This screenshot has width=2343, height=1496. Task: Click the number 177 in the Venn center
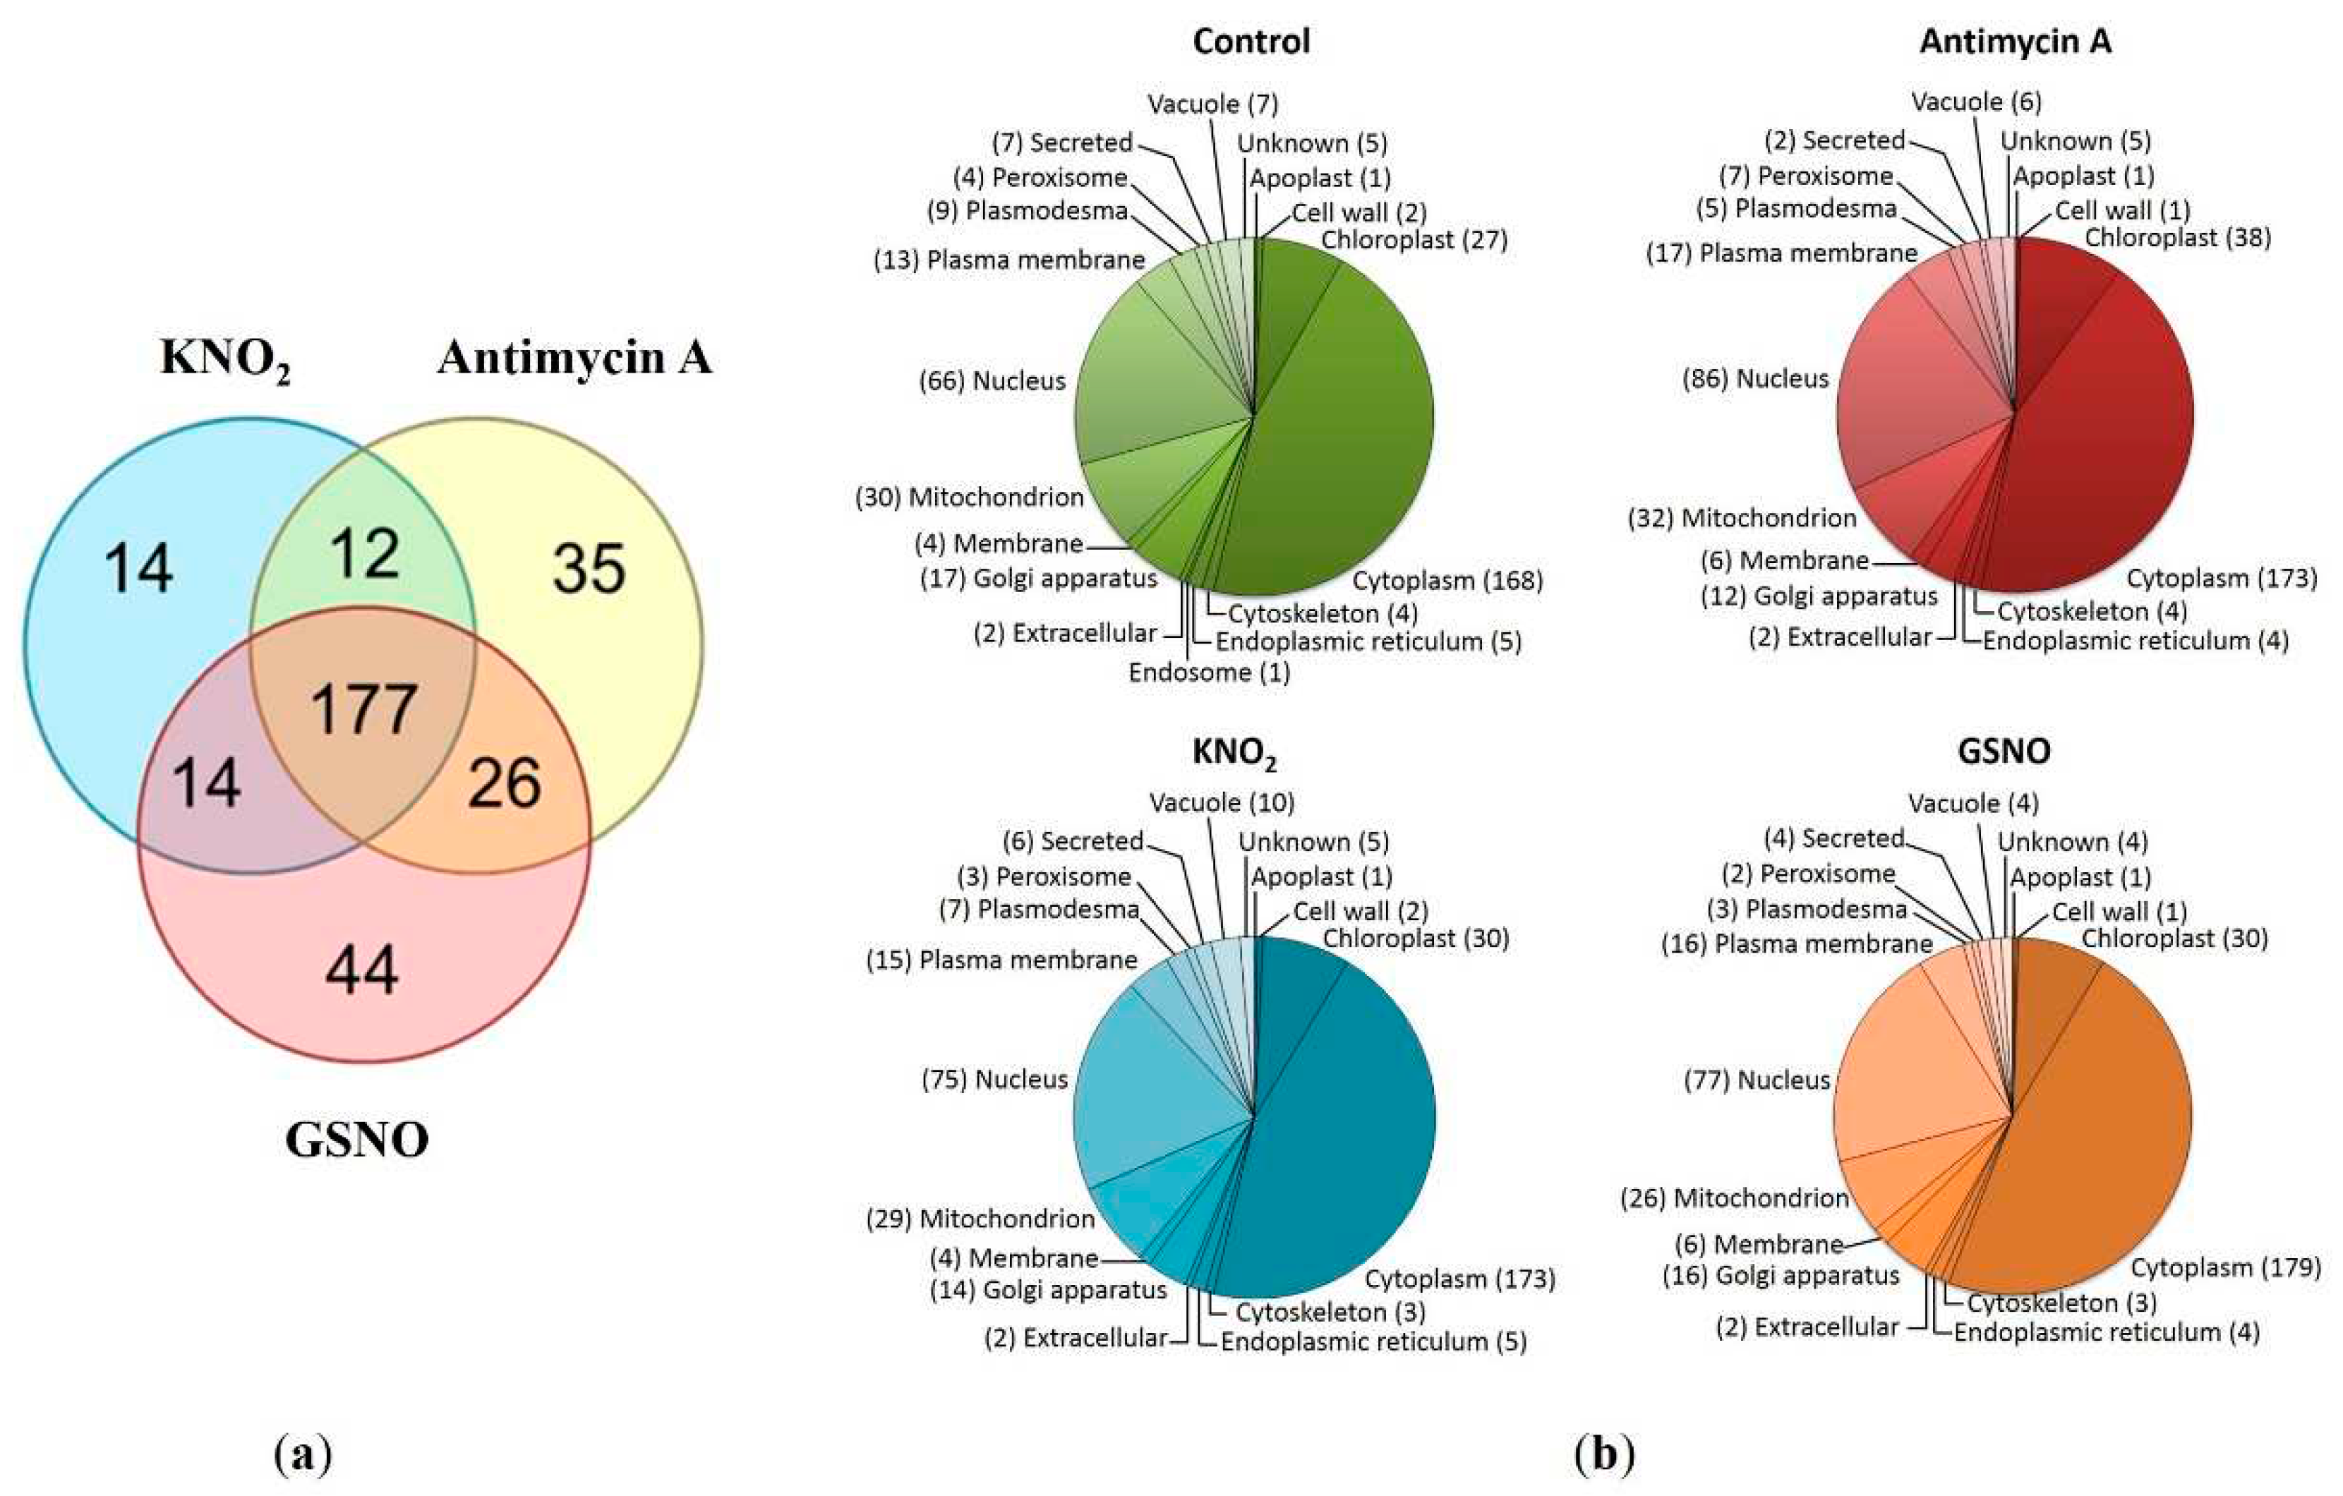click(x=364, y=709)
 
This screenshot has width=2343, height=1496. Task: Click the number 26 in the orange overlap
click(x=504, y=784)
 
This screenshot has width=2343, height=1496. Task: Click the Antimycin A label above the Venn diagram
click(x=574, y=358)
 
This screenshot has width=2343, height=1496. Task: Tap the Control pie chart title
click(x=1251, y=42)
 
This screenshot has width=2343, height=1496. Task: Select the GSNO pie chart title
click(x=2004, y=751)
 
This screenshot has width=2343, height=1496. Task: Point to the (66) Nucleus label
click(x=992, y=381)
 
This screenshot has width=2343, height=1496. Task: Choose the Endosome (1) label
click(x=1210, y=672)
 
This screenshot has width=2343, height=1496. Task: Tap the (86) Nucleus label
click(x=1755, y=378)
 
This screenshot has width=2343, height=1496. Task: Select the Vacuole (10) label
click(x=1222, y=802)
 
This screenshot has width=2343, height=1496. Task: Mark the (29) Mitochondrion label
click(x=980, y=1219)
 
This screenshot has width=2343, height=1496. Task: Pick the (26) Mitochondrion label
click(x=1735, y=1198)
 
